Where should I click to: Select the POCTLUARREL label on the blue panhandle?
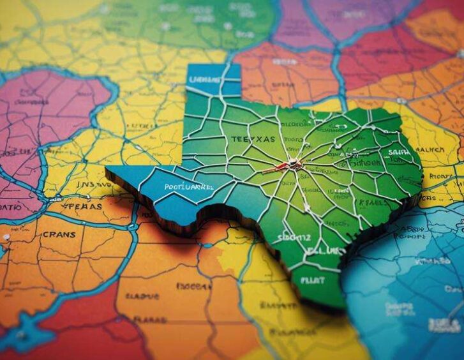(x=188, y=188)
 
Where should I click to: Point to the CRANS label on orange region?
(x=59, y=234)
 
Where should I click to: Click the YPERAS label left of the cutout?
(x=83, y=206)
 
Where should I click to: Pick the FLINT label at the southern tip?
(x=312, y=280)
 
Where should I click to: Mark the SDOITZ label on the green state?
(x=294, y=238)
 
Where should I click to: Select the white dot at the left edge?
(x=6, y=237)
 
